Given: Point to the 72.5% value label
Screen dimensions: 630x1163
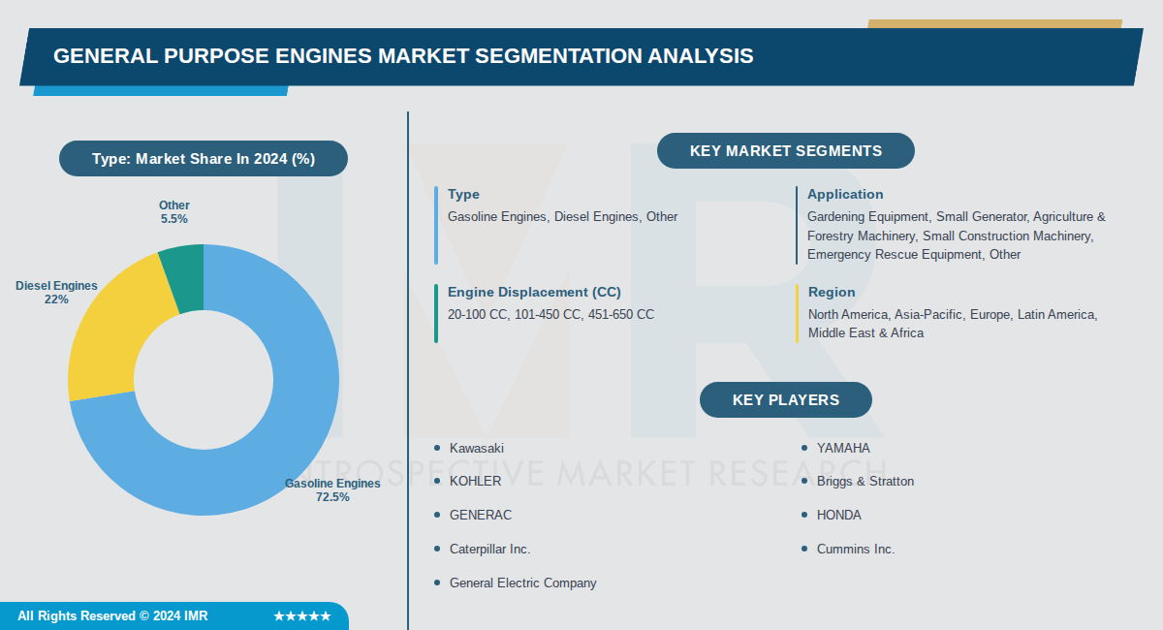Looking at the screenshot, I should pyautogui.click(x=332, y=497).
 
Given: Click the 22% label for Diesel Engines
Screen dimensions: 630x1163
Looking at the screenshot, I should pyautogui.click(x=56, y=299).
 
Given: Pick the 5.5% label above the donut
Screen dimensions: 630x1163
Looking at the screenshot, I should pyautogui.click(x=174, y=219).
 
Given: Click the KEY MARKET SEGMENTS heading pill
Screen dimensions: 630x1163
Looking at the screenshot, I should pyautogui.click(x=785, y=151).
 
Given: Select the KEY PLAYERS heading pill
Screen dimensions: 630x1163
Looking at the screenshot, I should pyautogui.click(x=785, y=399).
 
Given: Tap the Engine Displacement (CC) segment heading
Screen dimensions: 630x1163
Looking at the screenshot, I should pyautogui.click(x=534, y=292).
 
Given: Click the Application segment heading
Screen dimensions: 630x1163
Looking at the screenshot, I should pyautogui.click(x=845, y=194).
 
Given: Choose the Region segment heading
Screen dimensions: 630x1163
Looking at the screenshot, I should pyautogui.click(x=832, y=292).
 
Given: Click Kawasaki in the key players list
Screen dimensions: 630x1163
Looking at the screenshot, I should pyautogui.click(x=477, y=448).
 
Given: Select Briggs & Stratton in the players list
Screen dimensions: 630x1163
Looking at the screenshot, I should pyautogui.click(x=864, y=481).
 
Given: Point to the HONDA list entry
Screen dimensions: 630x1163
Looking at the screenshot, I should pyautogui.click(x=838, y=515).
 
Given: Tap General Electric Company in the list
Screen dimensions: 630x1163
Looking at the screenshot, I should pyautogui.click(x=522, y=583).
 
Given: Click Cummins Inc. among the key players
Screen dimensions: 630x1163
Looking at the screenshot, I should pyautogui.click(x=856, y=549).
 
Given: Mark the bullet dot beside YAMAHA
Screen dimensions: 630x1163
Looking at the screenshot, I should pyautogui.click(x=804, y=448).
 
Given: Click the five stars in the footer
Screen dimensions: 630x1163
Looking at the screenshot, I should pyautogui.click(x=302, y=615).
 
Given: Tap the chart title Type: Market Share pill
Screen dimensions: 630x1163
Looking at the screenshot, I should pyautogui.click(x=204, y=159).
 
